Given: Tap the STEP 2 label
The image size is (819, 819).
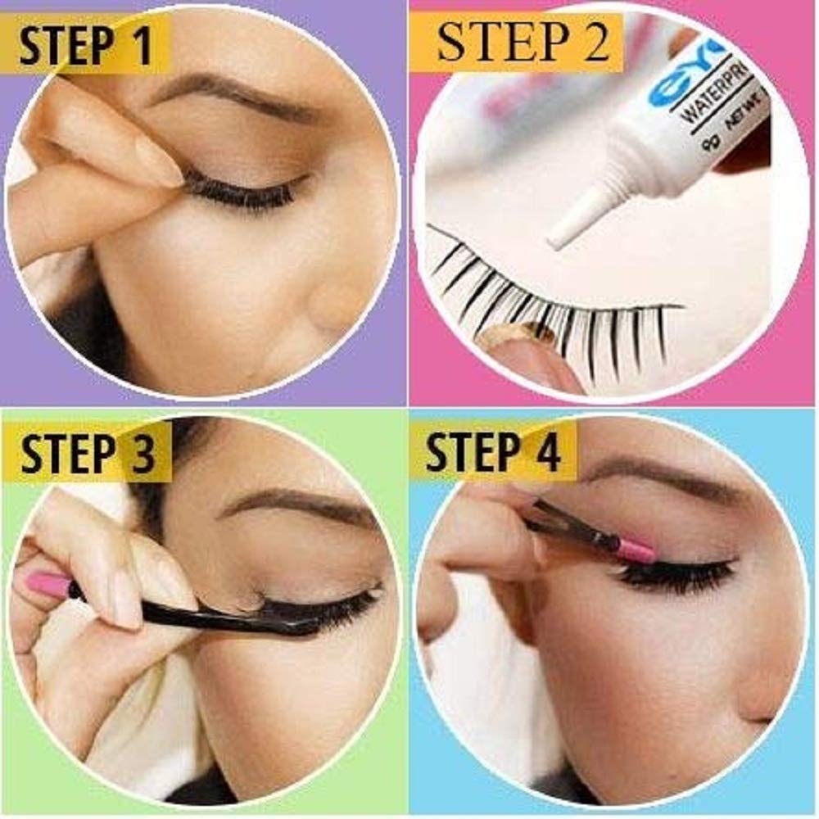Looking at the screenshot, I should (523, 43).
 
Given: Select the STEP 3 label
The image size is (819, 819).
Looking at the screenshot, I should (87, 453).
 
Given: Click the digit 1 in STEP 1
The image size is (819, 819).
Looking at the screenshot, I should (141, 44).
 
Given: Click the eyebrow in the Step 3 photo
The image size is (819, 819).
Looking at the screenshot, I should (295, 506).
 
